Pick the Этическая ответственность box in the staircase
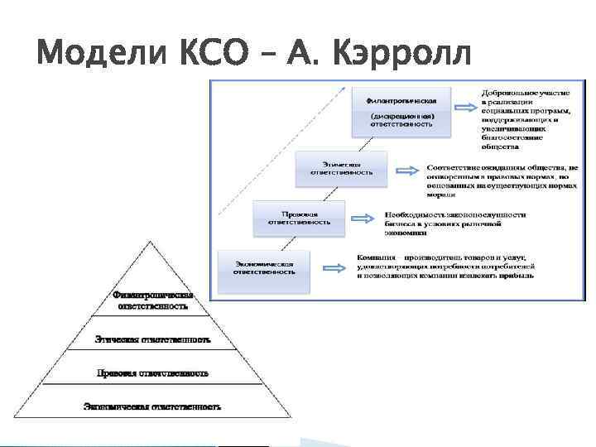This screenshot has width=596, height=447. [x=341, y=168]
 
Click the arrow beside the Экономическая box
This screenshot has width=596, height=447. [x=334, y=268]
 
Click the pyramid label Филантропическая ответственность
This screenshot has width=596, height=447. [x=152, y=300]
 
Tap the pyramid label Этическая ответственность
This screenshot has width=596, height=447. [x=152, y=339]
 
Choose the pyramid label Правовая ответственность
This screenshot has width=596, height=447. [x=152, y=372]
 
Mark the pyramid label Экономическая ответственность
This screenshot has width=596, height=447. [x=152, y=406]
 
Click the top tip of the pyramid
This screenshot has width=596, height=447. [x=151, y=243]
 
